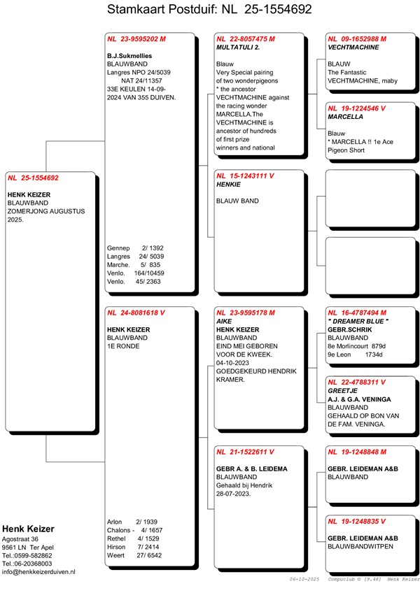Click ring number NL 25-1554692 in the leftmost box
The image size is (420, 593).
tap(34, 178)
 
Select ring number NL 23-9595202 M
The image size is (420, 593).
tap(136, 40)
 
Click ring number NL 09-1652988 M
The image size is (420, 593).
tap(357, 40)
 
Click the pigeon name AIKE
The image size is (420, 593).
tap(225, 321)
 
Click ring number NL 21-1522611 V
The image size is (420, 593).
tap(246, 452)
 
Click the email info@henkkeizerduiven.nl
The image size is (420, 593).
tap(39, 572)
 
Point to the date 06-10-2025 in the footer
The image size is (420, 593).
tap(304, 580)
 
